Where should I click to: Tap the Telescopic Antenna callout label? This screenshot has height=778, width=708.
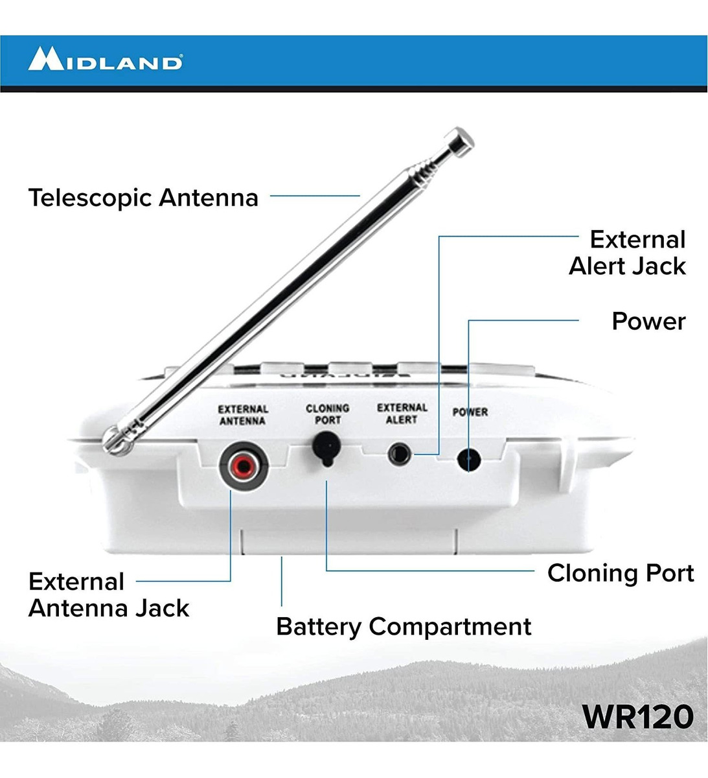pos(143,197)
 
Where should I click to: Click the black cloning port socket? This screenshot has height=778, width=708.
pos(326,447)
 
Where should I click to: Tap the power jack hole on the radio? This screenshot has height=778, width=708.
pos(469,460)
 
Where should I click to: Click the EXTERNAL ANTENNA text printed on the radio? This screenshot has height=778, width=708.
pos(243,415)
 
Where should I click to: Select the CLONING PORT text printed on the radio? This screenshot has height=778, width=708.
pos(327,414)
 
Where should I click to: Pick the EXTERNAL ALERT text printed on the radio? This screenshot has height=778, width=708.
pos(402,413)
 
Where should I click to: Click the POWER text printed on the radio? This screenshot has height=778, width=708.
pos(470,412)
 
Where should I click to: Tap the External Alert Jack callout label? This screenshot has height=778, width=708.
pos(627,253)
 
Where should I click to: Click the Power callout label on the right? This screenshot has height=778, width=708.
pos(648,321)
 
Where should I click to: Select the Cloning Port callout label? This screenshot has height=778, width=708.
pos(620,573)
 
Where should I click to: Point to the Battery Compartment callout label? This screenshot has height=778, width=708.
pos(404,627)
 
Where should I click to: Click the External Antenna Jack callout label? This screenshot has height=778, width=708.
pos(109,595)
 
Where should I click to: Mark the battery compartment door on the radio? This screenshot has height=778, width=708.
pos(350,541)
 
